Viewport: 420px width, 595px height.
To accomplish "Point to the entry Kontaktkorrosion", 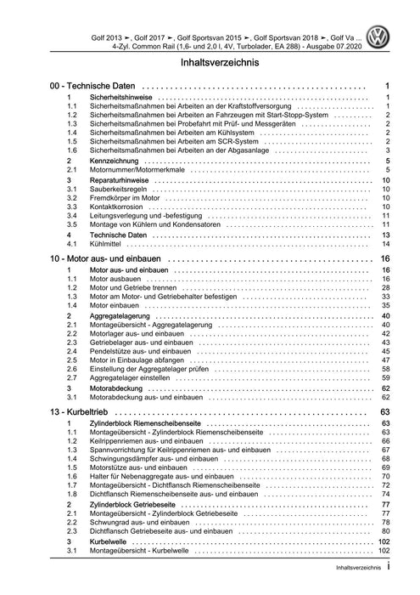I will point(117,206).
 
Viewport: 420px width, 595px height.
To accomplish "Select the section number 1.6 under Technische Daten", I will point(71,150).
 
